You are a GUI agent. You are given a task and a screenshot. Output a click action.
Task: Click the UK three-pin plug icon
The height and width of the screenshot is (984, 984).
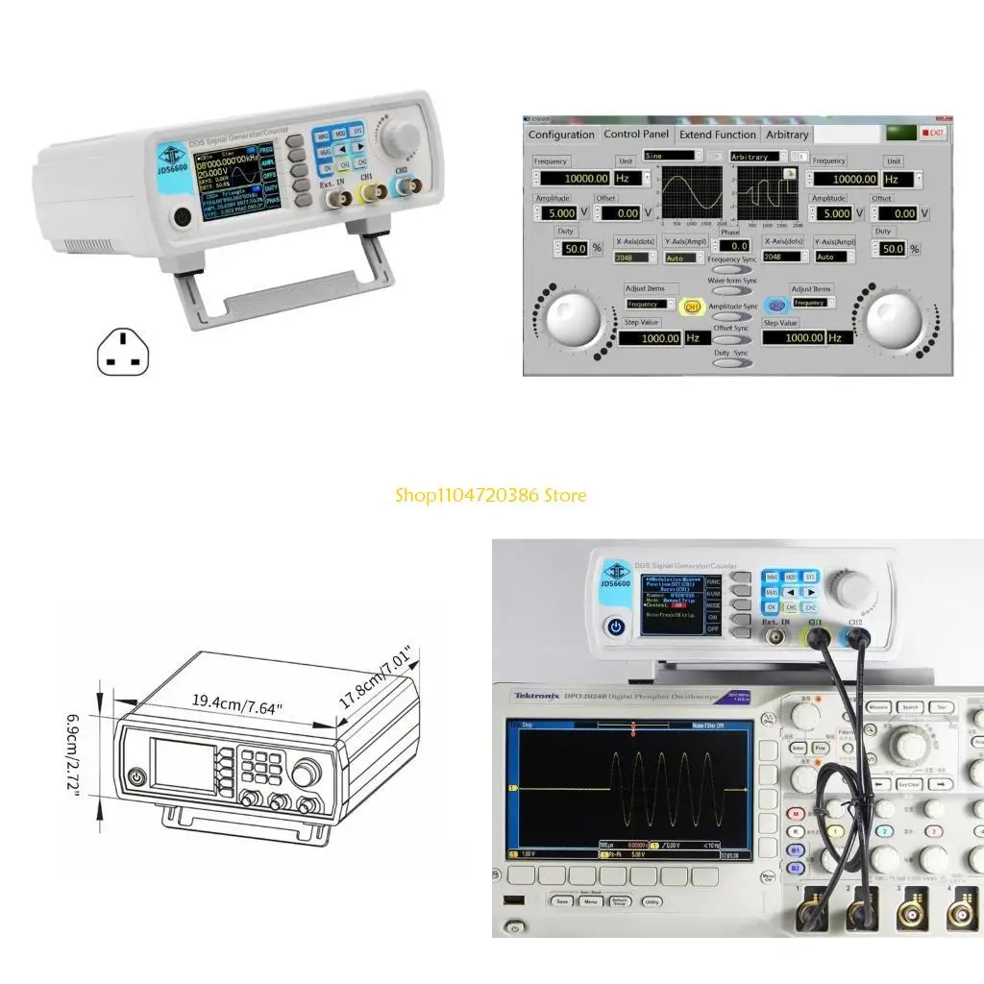[x=125, y=354]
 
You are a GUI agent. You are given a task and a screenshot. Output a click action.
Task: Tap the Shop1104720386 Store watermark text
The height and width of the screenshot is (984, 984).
[x=491, y=496]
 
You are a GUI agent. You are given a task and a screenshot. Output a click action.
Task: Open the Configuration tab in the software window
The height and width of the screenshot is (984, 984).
[x=561, y=135]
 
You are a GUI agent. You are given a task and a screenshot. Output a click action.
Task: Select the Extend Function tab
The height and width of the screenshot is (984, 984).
[x=718, y=135]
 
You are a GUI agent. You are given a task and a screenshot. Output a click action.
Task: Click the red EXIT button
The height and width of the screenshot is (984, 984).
[x=932, y=133]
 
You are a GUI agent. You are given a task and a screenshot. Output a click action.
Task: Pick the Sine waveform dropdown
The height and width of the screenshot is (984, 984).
[x=670, y=155]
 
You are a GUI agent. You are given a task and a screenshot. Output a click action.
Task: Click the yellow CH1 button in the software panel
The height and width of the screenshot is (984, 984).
[x=691, y=307]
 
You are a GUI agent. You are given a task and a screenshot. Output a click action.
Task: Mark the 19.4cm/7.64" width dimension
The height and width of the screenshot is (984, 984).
[x=236, y=708]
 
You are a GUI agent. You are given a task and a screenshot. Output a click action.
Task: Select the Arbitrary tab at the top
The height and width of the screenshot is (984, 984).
[x=787, y=135]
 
